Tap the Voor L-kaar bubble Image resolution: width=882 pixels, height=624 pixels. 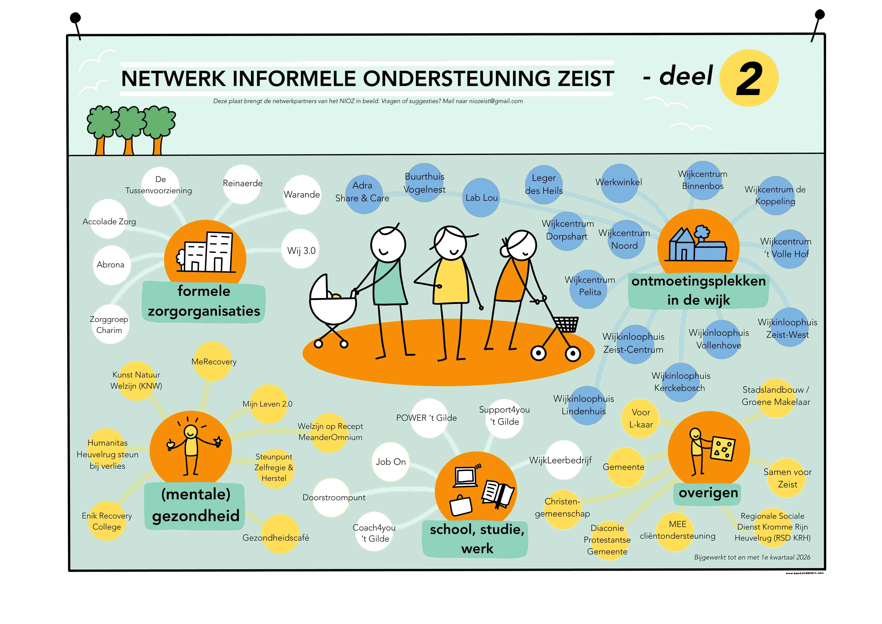pyautogui.click(x=640, y=419)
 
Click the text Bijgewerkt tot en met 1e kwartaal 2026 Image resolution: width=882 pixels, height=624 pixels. pyautogui.click(x=752, y=557)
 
